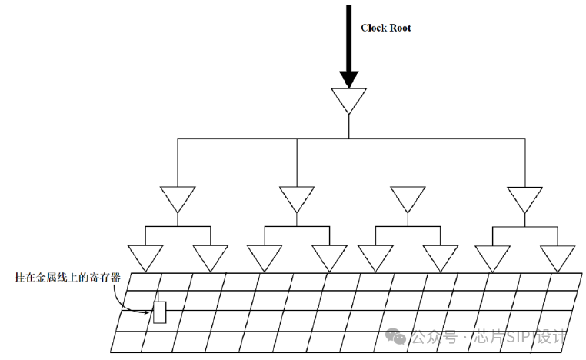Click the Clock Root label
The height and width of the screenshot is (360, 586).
386,28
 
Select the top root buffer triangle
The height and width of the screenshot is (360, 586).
349,98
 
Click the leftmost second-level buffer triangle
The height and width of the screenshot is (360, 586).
178,198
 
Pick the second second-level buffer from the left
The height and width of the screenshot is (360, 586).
296,198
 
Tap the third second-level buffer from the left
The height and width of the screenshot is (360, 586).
408,198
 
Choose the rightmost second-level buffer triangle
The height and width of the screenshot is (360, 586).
525,198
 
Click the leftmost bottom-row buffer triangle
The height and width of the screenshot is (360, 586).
145,256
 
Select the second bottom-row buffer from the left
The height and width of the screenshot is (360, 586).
210,256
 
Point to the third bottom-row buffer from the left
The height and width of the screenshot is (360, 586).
265,256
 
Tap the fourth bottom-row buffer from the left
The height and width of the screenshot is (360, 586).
329,256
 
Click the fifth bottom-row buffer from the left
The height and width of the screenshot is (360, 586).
376,256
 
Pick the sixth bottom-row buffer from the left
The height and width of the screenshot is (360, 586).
441,256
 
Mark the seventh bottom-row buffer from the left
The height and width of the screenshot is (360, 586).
493,256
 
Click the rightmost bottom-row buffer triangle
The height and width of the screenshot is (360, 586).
558,256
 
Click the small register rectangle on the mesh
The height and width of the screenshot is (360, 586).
160,312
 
